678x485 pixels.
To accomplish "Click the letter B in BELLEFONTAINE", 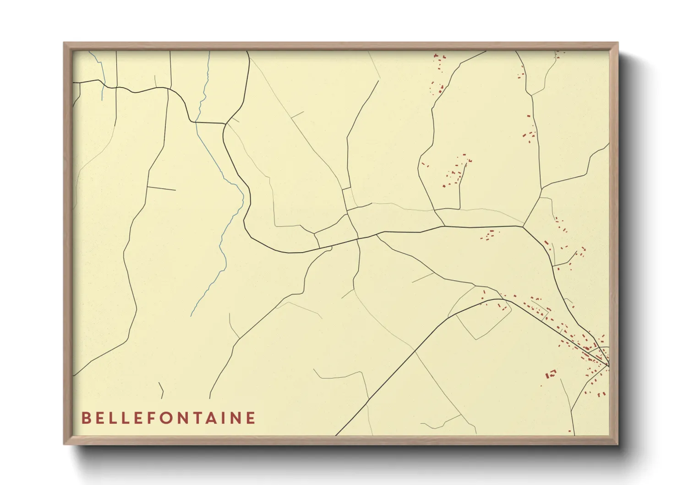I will point(86,418).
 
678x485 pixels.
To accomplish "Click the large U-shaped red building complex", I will point(550,374).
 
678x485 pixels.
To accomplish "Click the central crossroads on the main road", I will point(358,238).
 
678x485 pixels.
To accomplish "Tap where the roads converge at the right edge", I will point(608,365).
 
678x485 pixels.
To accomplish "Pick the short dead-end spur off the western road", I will point(161,188).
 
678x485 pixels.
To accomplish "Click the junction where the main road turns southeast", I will point(524,226).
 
